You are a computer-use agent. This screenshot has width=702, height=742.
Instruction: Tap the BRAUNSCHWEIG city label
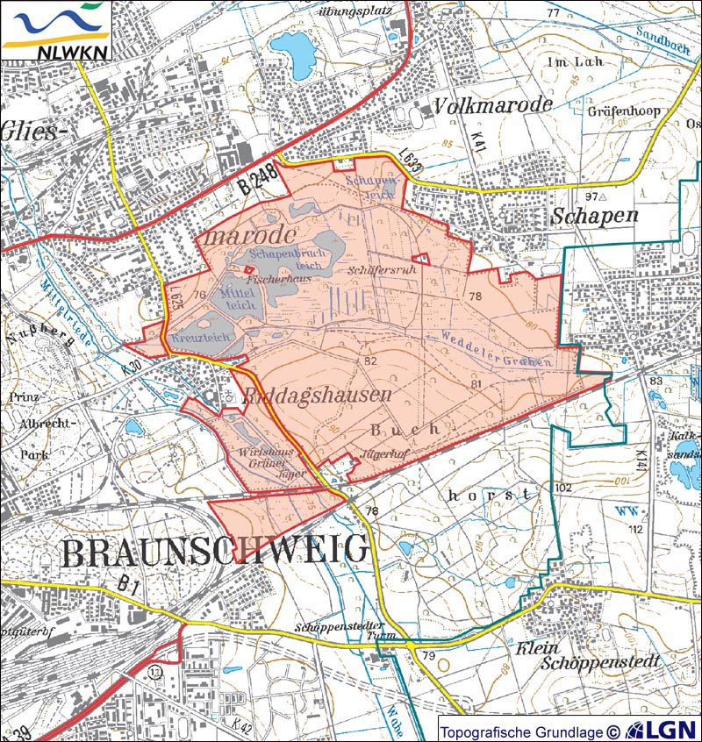click(215, 551)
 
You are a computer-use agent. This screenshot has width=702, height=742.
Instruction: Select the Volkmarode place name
click(493, 105)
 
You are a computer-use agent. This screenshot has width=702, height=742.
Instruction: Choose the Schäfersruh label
click(382, 270)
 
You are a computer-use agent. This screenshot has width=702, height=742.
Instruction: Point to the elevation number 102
click(562, 487)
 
